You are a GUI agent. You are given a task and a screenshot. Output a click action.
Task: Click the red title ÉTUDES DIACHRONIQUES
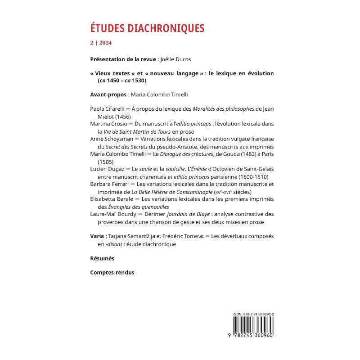[x=147, y=28]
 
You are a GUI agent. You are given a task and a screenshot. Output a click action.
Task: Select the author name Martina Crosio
[x=107, y=124]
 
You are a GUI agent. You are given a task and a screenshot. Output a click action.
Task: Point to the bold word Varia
[x=98, y=236]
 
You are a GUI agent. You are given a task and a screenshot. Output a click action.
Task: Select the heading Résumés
[x=102, y=258]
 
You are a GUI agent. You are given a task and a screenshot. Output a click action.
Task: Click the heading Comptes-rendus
[x=112, y=272]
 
